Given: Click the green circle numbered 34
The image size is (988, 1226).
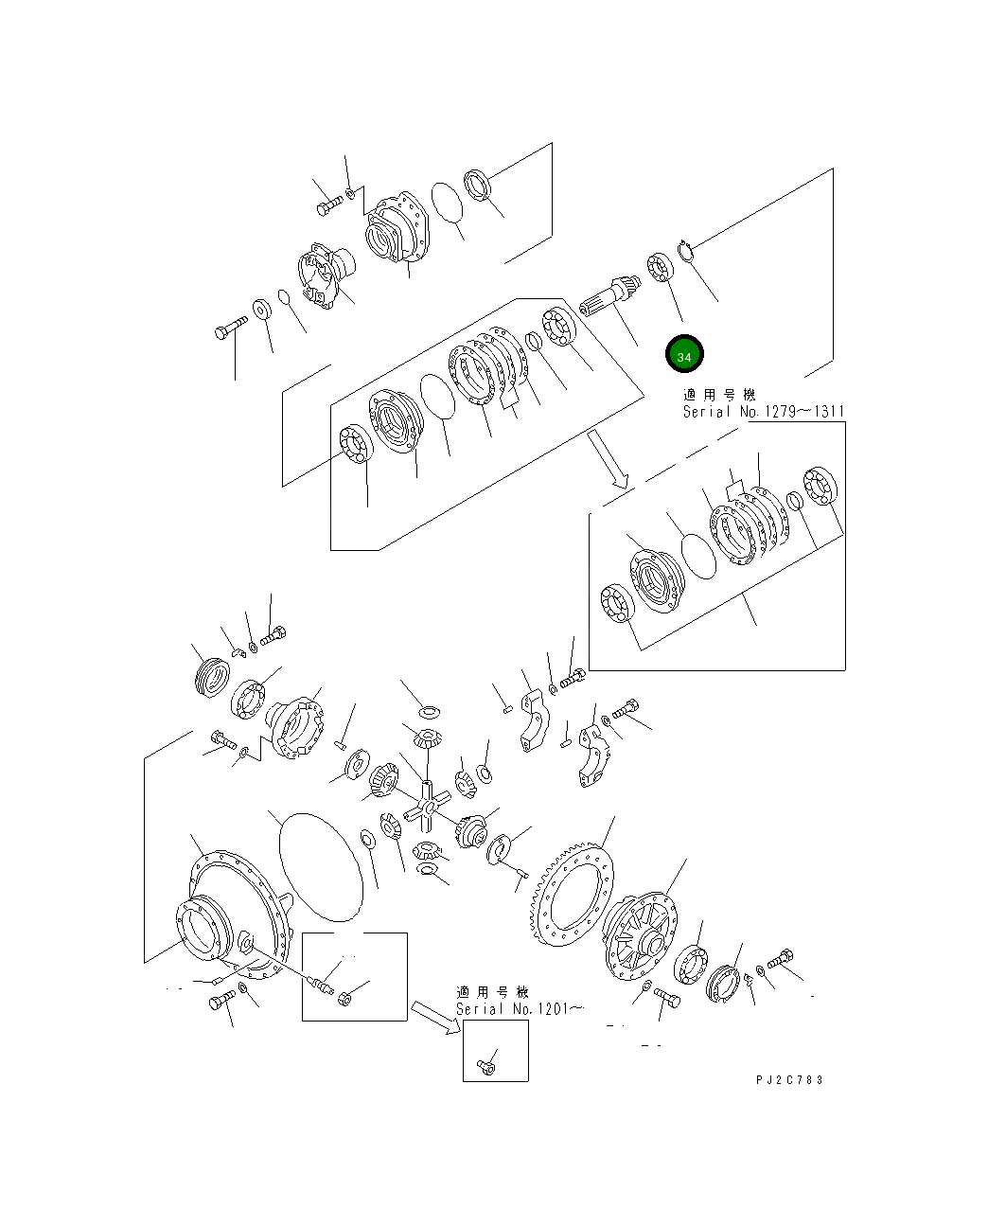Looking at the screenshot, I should pos(684,355).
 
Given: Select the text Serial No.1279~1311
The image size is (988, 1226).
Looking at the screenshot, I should pos(764,412).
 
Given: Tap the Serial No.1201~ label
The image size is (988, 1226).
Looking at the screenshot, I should pos(519,1009).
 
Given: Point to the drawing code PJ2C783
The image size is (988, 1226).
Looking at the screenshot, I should pos(789,1080).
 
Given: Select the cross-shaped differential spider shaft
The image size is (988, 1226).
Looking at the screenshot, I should pos(427,808).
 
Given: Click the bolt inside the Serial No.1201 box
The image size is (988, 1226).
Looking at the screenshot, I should pos(486,1067).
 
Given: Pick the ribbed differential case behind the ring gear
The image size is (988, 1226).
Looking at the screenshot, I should pos(640,933).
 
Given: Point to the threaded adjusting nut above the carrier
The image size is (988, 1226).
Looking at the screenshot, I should pos(212,678).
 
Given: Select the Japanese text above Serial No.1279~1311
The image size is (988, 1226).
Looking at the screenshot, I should pos(720,394).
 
